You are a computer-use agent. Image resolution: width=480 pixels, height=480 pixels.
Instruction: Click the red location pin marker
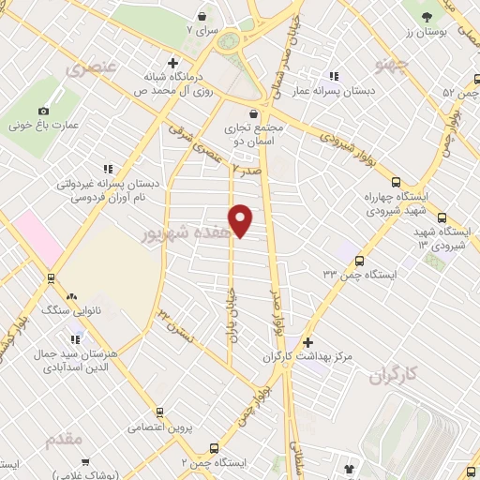241,220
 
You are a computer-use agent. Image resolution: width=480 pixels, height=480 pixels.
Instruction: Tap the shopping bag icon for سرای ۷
202,16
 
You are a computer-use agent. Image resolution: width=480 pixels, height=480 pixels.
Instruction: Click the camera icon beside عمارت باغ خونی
18,112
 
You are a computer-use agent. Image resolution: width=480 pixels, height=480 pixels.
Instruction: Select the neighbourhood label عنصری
91,68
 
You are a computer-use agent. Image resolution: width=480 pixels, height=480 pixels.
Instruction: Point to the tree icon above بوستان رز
427,17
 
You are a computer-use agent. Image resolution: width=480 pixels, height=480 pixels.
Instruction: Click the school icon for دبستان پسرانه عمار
333,77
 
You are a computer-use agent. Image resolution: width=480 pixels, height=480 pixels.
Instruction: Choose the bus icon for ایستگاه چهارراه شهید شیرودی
395,183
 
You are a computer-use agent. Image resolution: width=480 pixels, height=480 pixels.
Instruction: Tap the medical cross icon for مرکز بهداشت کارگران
307,343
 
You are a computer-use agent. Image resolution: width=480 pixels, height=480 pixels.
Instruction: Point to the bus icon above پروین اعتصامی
160,412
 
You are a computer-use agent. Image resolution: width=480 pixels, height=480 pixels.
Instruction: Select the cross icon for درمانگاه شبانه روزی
172,62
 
